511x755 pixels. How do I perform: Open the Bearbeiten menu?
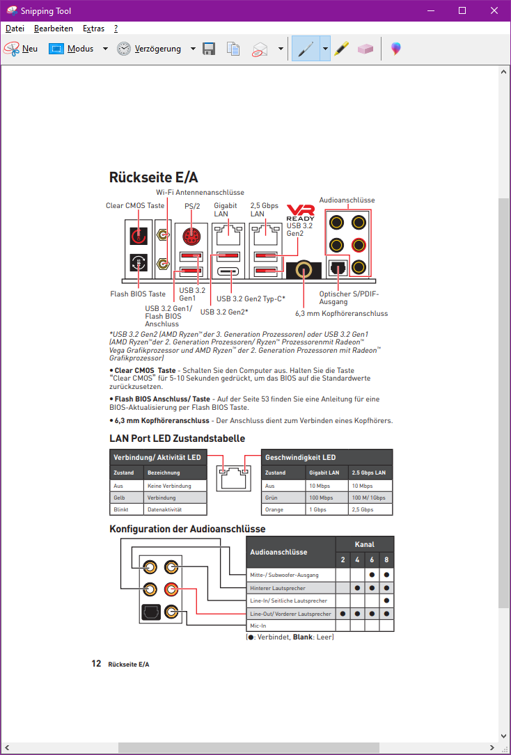click(54, 29)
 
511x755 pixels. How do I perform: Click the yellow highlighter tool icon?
click(340, 49)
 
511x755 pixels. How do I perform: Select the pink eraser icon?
click(365, 49)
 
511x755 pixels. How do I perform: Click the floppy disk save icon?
click(208, 49)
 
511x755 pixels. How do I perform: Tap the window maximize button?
click(462, 11)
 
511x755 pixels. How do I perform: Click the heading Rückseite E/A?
click(153, 177)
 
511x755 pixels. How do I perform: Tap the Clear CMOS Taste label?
click(135, 206)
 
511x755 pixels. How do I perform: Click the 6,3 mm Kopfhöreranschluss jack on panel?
click(304, 269)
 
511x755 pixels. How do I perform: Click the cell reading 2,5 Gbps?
click(363, 510)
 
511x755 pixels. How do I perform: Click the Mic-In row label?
click(258, 626)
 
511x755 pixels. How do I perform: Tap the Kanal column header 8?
click(386, 559)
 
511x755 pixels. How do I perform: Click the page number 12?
click(97, 664)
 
